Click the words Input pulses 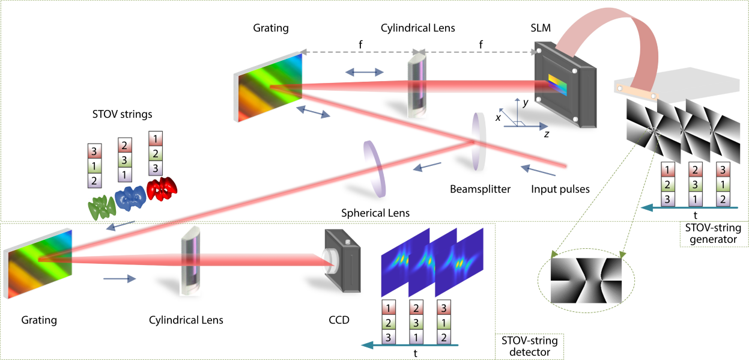point(560,189)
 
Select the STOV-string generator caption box point(712,234)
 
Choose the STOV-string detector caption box point(529,346)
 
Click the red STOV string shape point(163,188)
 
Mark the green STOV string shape point(102,207)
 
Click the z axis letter point(546,135)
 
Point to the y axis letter point(525,103)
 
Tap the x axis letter point(498,118)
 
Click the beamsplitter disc point(479,142)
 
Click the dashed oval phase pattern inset point(586,281)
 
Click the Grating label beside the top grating point(270,28)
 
